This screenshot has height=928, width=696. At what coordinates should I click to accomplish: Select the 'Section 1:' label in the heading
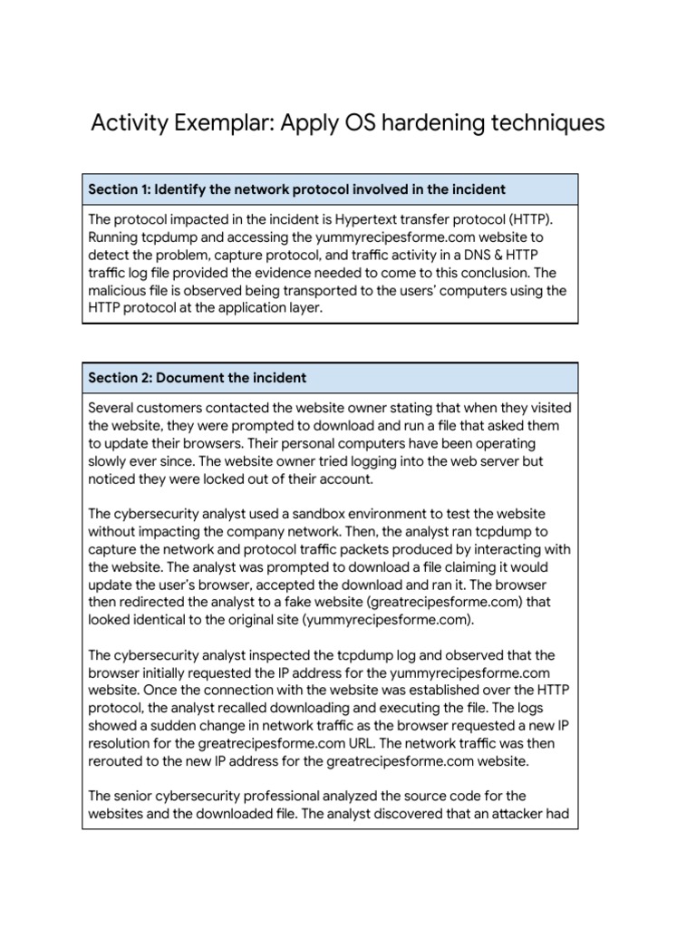click(119, 188)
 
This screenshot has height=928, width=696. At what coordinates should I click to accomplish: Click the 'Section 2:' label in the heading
click(120, 377)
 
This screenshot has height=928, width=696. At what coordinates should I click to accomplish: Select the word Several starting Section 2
click(113, 408)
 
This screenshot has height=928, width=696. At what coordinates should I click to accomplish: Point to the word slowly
click(110, 461)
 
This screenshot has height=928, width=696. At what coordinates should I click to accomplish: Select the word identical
click(163, 620)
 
